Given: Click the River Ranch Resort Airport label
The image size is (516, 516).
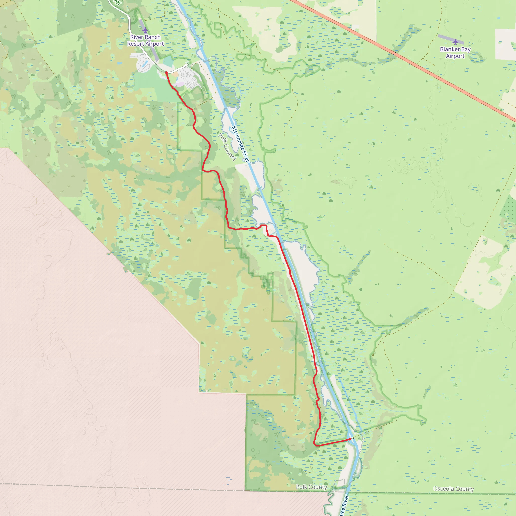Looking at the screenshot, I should point(145,40).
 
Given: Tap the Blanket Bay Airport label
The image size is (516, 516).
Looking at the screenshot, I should point(455,53).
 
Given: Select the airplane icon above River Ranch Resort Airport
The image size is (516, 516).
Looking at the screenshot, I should point(145,30).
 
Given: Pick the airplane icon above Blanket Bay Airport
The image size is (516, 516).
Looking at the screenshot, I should point(455,42).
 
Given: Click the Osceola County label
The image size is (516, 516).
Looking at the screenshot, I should point(454,489).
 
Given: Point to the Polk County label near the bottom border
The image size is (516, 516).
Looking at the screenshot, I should point(311,487).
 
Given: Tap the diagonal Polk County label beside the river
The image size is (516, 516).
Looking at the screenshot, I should point(227,147).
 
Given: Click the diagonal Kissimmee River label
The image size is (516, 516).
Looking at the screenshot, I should point(241,144).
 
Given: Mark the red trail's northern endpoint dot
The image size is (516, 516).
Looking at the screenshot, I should point(166,73).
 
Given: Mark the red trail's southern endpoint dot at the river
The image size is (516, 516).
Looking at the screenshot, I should point(350,439).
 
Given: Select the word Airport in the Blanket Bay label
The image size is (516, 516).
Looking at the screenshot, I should point(455,56).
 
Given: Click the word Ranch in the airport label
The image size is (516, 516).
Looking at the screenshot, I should point(153,37).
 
